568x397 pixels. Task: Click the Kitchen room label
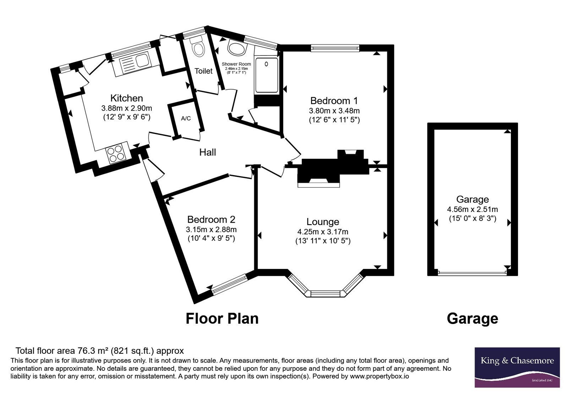click(x=126, y=98)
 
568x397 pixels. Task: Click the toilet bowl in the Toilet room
click(x=198, y=48)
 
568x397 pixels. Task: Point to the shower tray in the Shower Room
click(x=267, y=75)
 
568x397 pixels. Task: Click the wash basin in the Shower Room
click(x=237, y=47)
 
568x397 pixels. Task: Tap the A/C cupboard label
click(x=186, y=118)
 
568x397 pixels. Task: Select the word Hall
click(x=208, y=152)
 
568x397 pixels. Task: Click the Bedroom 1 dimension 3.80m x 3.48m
click(x=334, y=111)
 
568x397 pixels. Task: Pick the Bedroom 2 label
click(x=211, y=219)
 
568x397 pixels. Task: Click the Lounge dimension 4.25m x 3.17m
click(x=323, y=232)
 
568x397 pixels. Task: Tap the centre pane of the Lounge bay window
click(x=325, y=294)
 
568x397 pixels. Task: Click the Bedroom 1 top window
click(x=335, y=48)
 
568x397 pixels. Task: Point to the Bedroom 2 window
click(x=230, y=284)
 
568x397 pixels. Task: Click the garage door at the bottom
click(x=472, y=273)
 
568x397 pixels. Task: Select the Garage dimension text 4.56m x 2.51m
click(x=473, y=209)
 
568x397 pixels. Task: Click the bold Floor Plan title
click(x=222, y=319)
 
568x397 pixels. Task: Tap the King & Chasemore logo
click(x=517, y=367)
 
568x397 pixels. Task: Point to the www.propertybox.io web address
click(x=379, y=376)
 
